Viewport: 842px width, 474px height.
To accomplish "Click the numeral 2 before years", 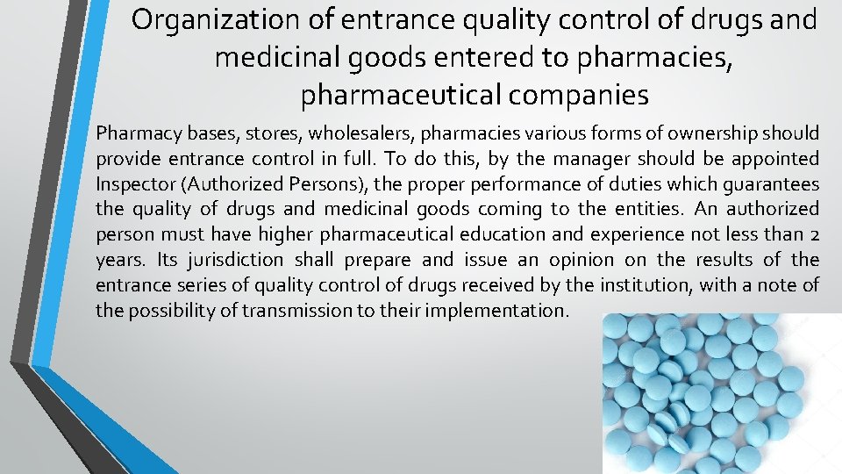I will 813,234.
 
